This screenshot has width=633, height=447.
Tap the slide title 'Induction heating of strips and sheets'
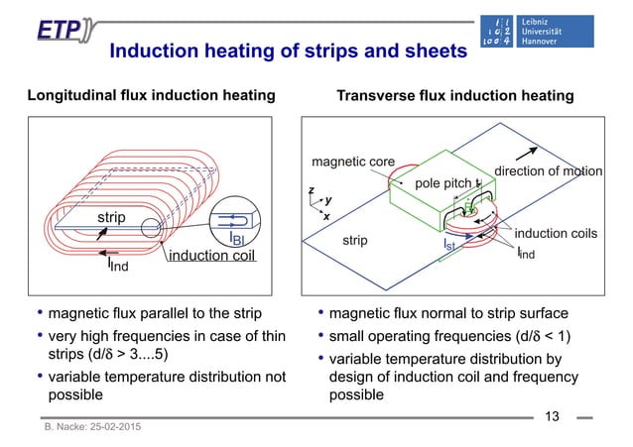pos(287,51)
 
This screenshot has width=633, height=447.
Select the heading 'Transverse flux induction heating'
pos(455,96)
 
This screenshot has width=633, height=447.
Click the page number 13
pos(553,416)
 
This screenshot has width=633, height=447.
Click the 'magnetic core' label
pos(353,162)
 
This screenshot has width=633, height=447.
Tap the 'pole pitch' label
pos(444,183)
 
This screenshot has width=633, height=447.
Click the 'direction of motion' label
pos(549,170)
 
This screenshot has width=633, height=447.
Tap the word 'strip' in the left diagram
pos(113,216)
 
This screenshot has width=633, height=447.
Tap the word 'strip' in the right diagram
pos(355,240)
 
